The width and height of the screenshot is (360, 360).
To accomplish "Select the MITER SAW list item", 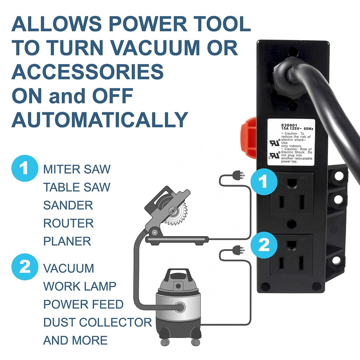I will click(77, 169).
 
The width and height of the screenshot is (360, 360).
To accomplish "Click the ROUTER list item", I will click(68, 223).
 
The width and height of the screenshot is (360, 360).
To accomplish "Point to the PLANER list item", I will click(67, 241).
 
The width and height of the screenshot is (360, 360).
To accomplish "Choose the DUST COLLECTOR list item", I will click(98, 322).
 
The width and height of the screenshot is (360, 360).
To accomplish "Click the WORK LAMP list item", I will click(80, 286).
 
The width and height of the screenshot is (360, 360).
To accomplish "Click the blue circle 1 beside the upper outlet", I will click(264, 182).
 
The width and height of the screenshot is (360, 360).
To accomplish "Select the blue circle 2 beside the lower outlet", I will click(264, 245).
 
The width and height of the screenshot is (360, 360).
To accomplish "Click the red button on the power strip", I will click(248, 139).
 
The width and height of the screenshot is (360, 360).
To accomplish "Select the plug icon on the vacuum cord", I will click(238, 249).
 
